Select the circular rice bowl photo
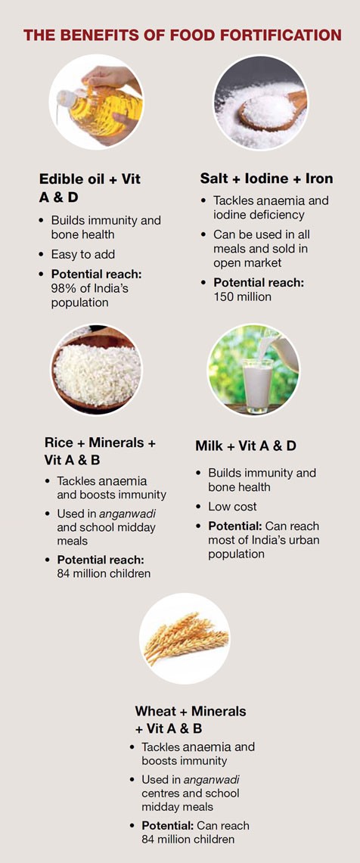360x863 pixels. tap(96, 371)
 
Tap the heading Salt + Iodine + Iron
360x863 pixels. tap(266, 178)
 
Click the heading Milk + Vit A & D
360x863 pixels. tap(246, 446)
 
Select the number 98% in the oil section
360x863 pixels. tap(64, 288)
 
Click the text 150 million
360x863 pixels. tap(243, 296)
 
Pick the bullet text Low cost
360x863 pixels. tap(232, 507)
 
